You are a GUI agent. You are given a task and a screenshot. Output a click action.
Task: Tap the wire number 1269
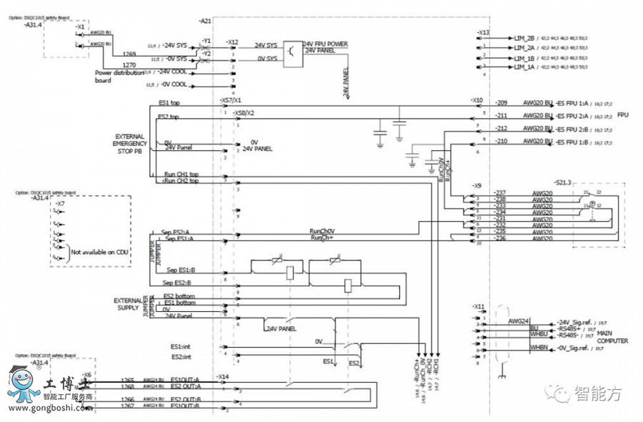pos(129,54)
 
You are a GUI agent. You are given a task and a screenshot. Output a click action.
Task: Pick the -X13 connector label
pos(484,32)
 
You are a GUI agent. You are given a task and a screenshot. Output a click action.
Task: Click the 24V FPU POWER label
pos(325,44)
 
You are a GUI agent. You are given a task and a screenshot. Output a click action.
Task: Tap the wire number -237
pos(499,192)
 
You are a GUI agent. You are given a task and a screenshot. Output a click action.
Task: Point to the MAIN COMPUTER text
pos(612,338)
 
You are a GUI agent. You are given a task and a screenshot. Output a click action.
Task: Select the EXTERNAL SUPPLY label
pos(129,304)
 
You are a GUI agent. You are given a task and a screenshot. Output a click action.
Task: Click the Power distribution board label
pos(113,77)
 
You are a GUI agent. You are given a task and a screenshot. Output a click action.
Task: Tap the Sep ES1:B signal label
pos(182,270)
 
